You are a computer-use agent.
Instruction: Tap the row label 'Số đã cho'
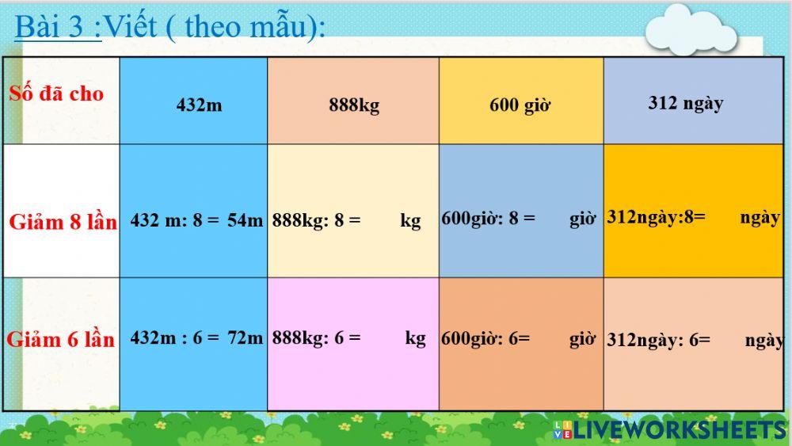[56, 93]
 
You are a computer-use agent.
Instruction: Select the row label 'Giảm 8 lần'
[63, 222]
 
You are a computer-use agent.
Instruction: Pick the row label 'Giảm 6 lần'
[61, 340]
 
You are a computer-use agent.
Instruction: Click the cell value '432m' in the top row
[199, 105]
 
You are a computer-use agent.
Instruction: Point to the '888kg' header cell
[354, 105]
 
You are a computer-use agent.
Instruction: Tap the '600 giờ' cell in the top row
[520, 105]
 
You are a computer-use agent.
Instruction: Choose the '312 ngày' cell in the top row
[685, 103]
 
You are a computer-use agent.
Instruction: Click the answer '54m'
[245, 221]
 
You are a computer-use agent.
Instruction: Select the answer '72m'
[245, 337]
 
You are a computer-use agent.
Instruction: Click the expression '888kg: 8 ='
[316, 220]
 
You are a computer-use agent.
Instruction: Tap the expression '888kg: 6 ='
[316, 337]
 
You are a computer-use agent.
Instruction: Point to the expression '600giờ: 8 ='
[488, 218]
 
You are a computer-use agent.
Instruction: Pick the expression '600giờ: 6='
[485, 338]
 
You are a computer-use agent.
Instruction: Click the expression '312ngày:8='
[656, 217]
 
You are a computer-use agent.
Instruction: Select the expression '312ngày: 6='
[658, 340]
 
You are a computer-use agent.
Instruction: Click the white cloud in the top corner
[690, 30]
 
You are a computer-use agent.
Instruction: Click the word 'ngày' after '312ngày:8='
[760, 217]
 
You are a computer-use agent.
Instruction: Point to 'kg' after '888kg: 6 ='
[416, 338]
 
